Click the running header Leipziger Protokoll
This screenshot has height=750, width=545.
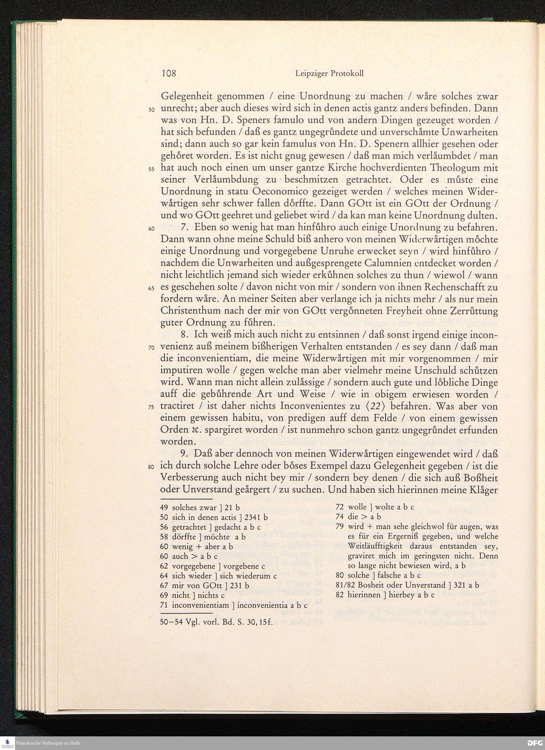(329, 74)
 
